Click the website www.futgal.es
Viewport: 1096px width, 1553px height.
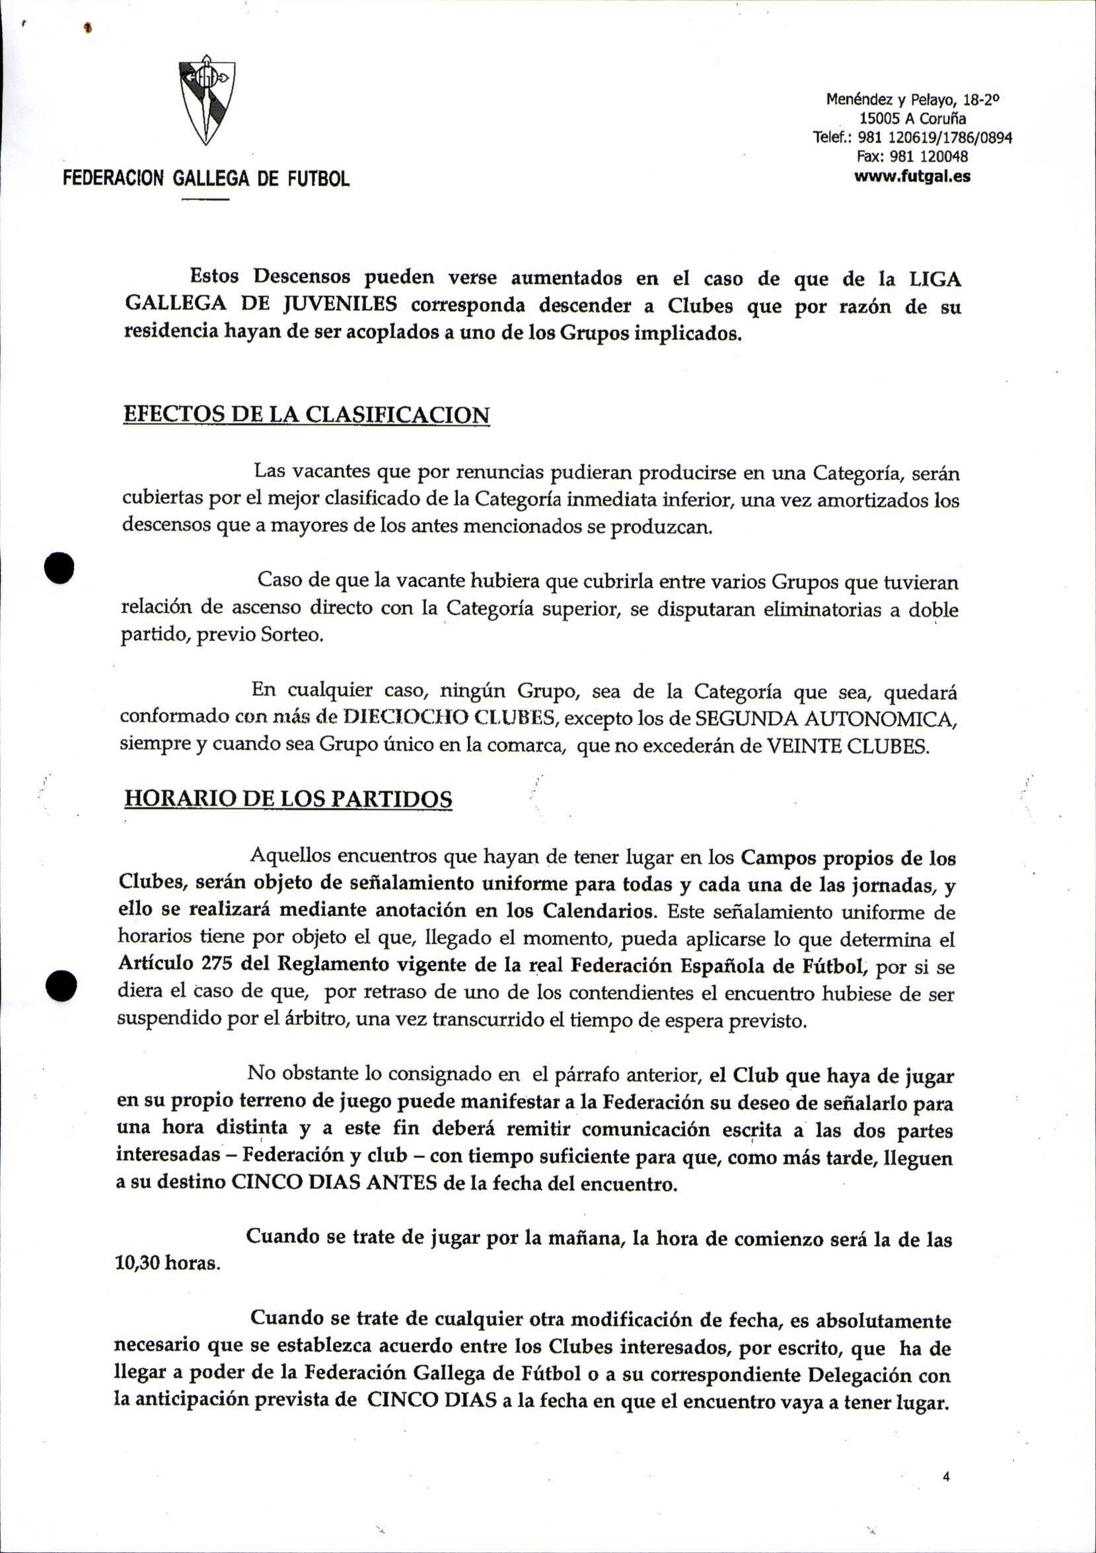tap(912, 176)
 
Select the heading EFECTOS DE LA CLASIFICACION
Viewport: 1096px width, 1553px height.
tap(306, 414)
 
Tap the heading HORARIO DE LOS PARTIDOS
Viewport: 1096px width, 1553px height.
tap(288, 800)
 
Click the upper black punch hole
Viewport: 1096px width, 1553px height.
tap(58, 567)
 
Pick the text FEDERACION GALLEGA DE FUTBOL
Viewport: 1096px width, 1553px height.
tap(206, 178)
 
